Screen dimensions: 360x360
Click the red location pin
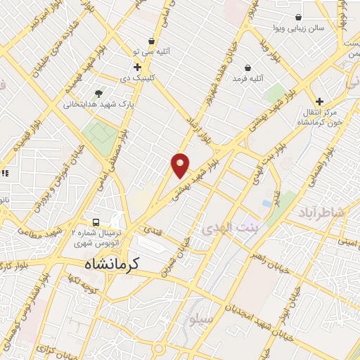(181, 165)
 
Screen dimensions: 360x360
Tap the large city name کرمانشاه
(106, 265)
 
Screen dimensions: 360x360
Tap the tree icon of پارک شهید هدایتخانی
(98, 93)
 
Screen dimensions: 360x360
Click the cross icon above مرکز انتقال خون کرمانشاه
(320, 102)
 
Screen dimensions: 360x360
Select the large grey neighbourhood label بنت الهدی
(229, 229)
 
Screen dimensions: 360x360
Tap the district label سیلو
(200, 319)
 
